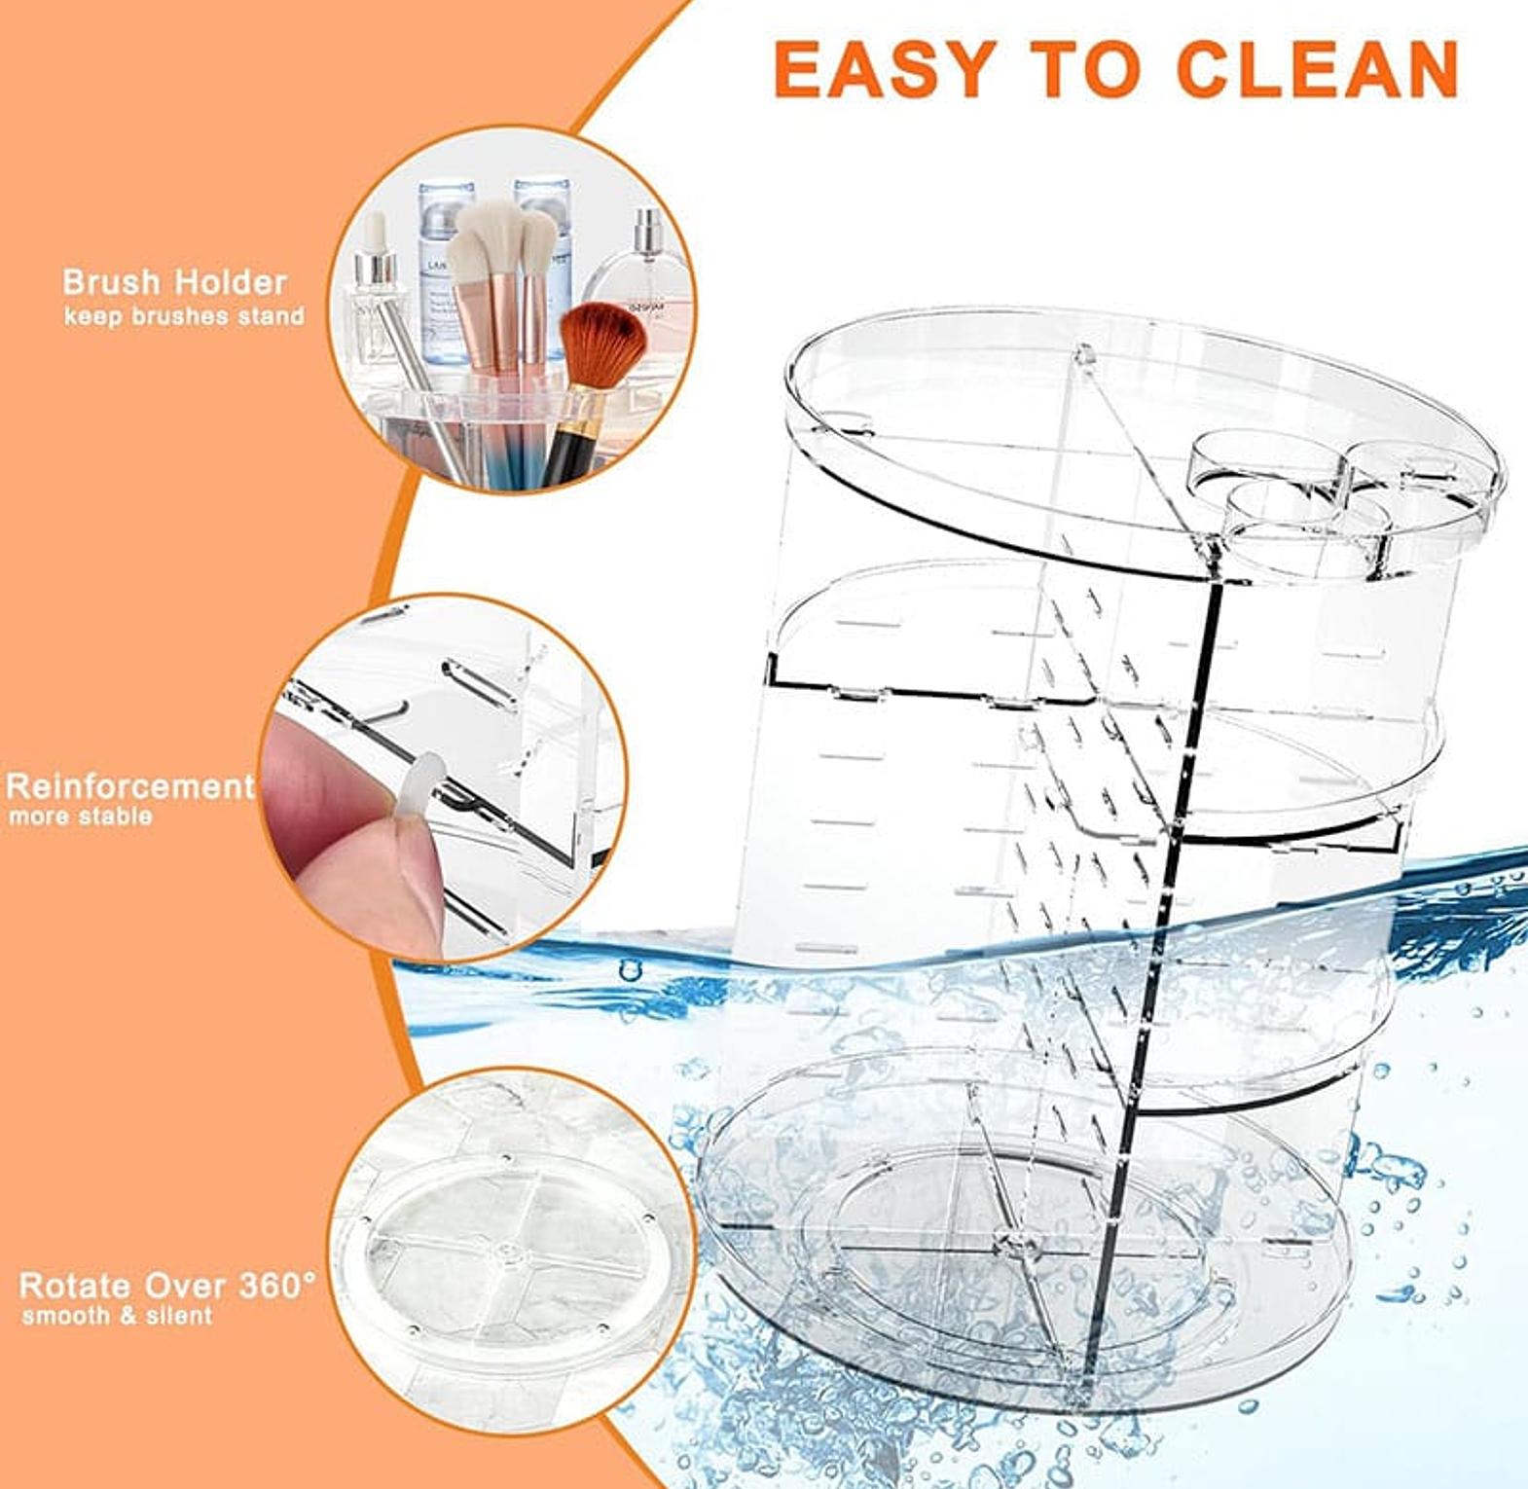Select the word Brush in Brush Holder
[110, 282]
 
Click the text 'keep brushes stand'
[184, 316]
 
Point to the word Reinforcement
[130, 785]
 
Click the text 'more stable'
[81, 816]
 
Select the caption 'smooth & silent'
[117, 1317]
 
